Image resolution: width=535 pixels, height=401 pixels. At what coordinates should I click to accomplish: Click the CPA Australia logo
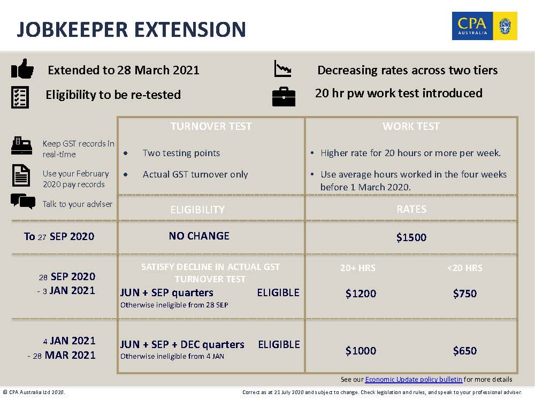pos(485,26)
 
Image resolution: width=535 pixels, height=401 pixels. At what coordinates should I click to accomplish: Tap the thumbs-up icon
pos(22,68)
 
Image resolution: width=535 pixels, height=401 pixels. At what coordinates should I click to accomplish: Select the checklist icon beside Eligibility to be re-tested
pos(20,97)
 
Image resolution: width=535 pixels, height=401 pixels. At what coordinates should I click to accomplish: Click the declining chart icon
pos(283,68)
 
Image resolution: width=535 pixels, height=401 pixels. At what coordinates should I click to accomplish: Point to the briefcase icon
pos(284,97)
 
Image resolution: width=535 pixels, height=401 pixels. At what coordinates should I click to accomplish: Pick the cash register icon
pos(21,145)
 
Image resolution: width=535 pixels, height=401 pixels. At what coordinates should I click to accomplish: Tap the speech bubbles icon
pos(23,201)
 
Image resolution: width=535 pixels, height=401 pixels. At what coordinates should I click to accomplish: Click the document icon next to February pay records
pos(21,175)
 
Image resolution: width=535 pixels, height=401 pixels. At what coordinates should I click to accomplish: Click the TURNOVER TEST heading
pos(211,126)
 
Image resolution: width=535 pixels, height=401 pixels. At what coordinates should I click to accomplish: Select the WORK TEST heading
pos(411,126)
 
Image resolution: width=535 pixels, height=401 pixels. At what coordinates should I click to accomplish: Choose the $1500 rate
pos(411,237)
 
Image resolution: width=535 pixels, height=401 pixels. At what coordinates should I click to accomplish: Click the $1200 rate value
pos(361,294)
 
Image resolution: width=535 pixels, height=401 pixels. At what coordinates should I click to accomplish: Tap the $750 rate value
pos(465,294)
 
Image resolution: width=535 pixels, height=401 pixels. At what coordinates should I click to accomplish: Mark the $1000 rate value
pos(361,351)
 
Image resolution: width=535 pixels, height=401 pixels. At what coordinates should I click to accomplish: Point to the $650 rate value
pos(465,351)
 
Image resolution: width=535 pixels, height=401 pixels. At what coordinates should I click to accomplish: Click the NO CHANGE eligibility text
pos(199,236)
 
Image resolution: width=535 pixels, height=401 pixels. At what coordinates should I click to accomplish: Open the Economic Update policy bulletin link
pos(414,380)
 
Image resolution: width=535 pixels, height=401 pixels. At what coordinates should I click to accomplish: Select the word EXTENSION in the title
pos(190,29)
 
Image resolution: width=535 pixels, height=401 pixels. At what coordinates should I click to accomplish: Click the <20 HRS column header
pos(465,268)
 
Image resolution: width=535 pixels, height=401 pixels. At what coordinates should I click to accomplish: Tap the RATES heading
pos(411,209)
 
